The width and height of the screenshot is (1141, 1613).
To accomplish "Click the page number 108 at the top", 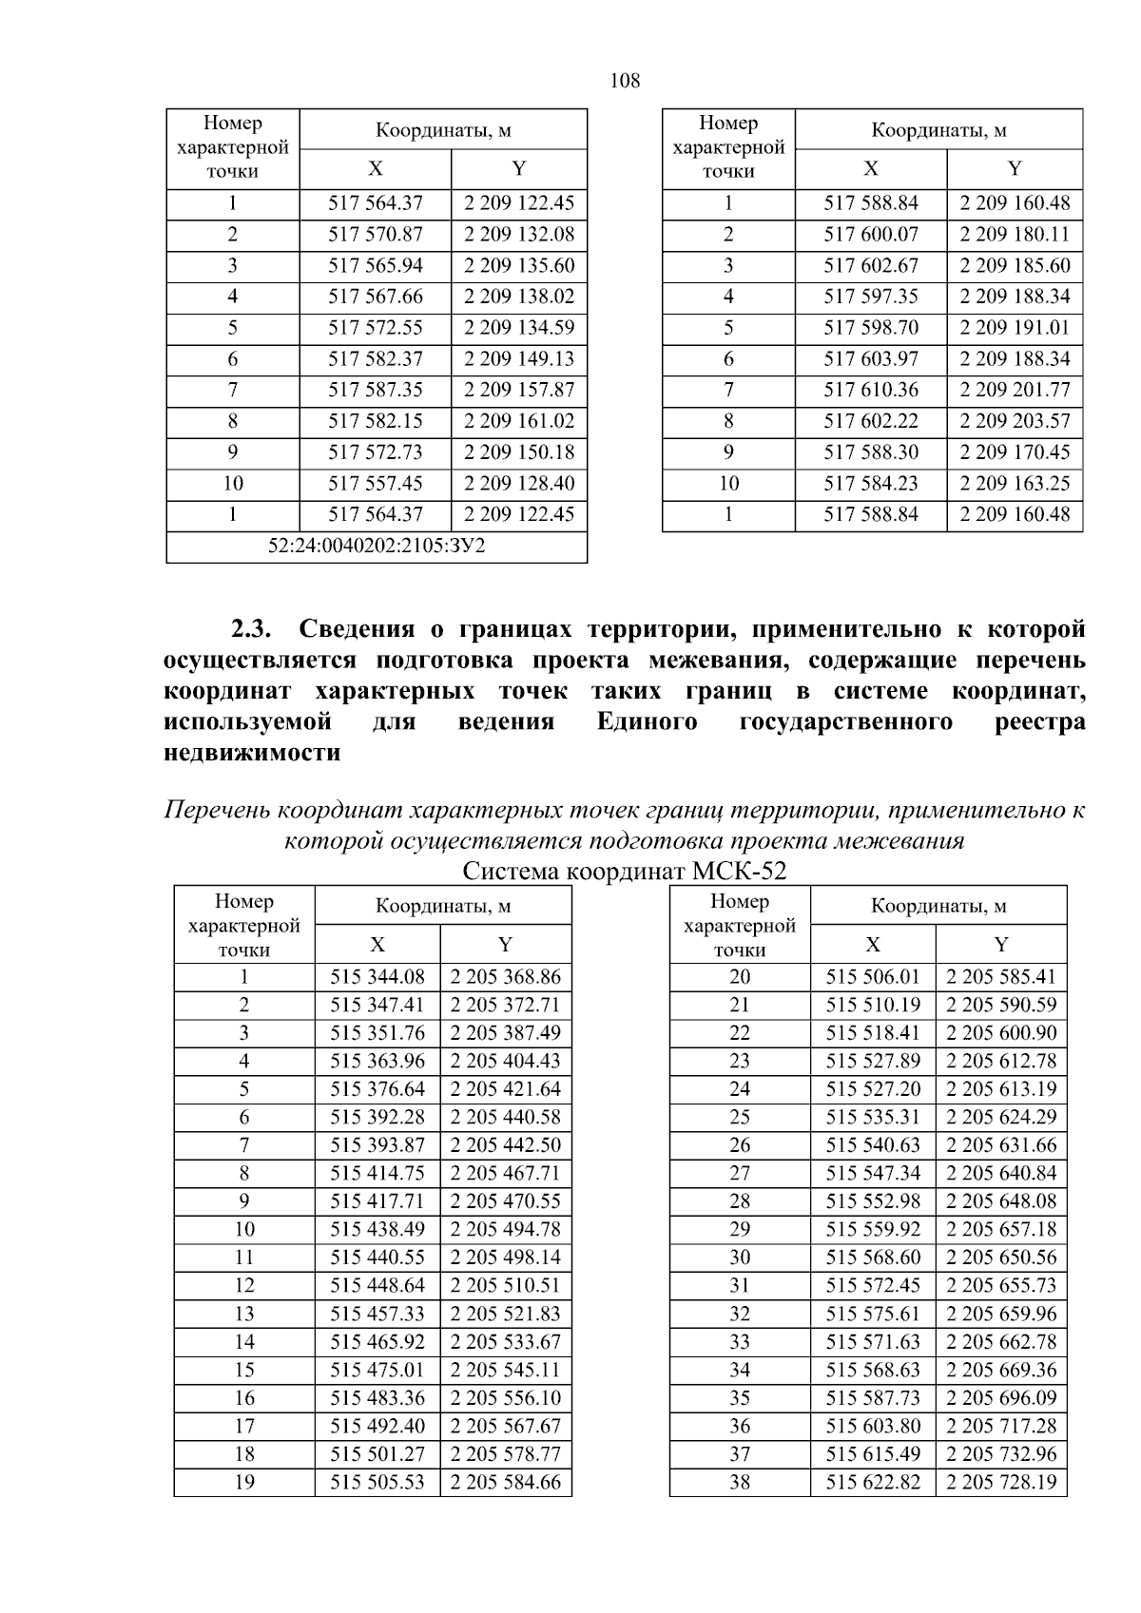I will pos(625,81).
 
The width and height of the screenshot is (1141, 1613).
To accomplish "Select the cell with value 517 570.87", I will pos(376,235).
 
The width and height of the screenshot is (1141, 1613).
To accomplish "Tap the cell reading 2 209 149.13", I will pos(519,359).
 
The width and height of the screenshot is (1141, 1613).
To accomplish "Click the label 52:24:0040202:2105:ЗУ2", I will pos(377,547).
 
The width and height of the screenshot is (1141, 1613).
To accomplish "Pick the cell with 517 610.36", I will pos(871,390).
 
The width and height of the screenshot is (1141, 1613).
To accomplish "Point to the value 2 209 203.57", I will pos(1015,421).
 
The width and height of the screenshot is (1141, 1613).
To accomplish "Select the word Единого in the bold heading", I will pos(647,721).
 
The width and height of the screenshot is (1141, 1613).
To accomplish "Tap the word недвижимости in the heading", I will pos(252,753).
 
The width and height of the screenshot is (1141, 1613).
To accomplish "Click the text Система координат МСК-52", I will pos(625,871).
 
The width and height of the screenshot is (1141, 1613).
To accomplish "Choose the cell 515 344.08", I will pos(377,976).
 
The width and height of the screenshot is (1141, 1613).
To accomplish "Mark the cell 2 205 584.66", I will pos(506,1482).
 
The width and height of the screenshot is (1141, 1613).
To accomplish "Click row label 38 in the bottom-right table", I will pos(740,1482).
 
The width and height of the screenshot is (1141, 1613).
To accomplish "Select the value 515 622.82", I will pos(873,1482).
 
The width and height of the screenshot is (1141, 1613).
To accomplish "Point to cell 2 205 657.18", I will pos(1001,1229).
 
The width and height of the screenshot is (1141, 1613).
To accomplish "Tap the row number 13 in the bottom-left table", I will pos(244,1314).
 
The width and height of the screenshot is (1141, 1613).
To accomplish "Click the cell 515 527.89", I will pos(873,1061).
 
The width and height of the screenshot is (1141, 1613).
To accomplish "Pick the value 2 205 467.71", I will pos(506,1173).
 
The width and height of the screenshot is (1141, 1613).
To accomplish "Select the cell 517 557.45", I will pos(376,484).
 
